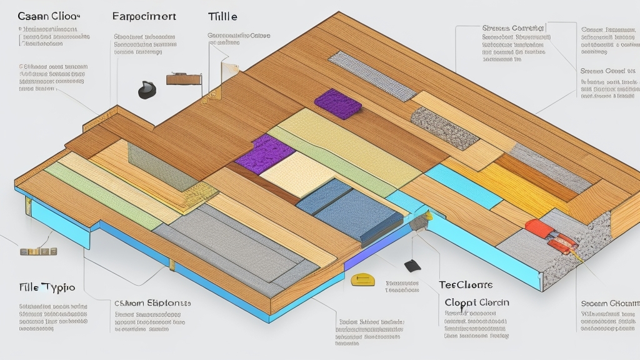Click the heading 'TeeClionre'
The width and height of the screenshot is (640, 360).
[x=465, y=285]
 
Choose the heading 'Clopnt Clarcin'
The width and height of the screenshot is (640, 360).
[x=476, y=302]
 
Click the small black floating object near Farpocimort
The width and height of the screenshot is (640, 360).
[x=147, y=90]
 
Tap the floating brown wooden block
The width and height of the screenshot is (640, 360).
[x=183, y=79]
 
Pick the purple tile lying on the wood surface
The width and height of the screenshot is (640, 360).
[x=337, y=103]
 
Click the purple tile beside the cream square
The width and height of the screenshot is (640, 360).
[x=264, y=152]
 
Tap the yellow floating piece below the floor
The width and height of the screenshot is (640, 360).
[x=361, y=279]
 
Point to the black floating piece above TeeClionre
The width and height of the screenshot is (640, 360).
[x=412, y=265]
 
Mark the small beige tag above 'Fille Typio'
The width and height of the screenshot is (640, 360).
[x=39, y=251]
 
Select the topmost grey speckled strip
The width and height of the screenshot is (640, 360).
[x=372, y=76]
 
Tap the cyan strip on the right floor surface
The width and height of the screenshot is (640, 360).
[x=463, y=185]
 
